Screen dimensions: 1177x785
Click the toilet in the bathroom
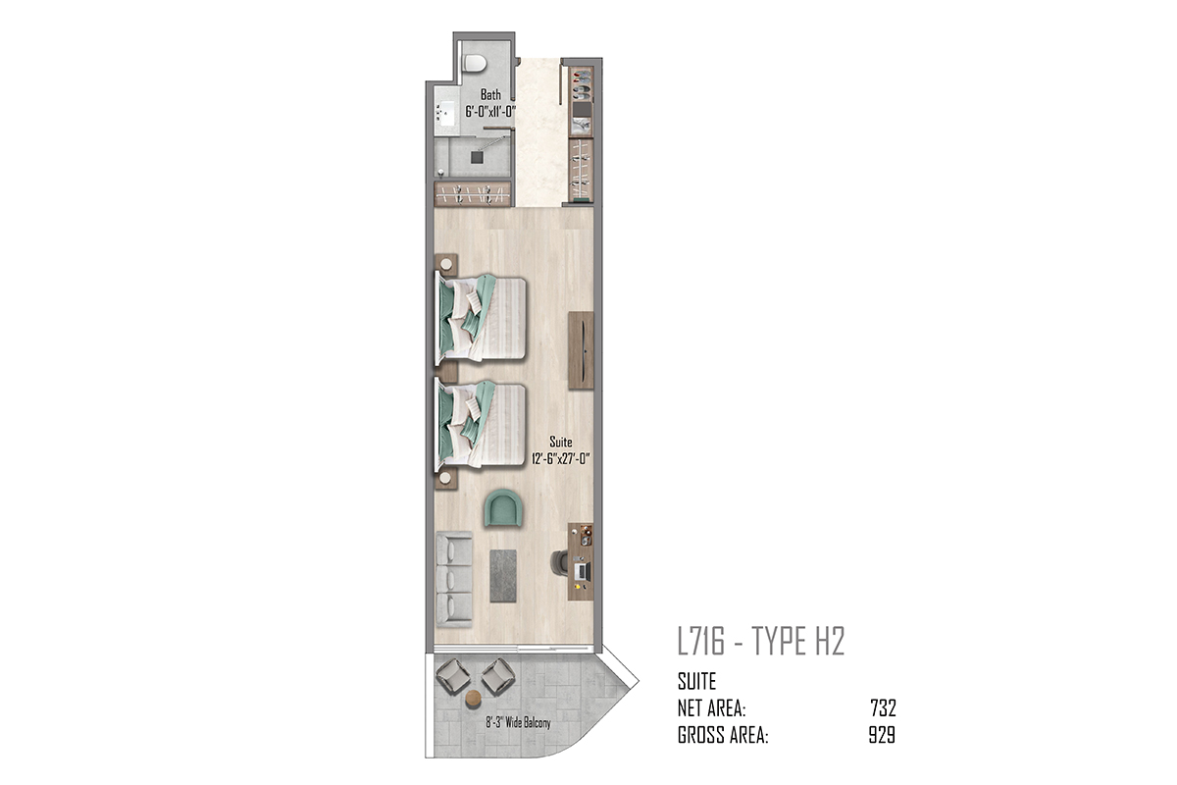click(475, 63)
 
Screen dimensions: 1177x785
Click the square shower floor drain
click(477, 157)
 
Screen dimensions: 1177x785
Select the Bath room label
click(490, 95)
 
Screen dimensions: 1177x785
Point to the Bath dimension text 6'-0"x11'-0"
click(490, 112)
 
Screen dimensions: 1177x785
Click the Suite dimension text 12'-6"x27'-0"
click(561, 458)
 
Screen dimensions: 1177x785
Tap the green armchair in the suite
click(503, 508)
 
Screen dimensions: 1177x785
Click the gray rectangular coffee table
click(503, 576)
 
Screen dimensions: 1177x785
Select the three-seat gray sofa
click(454, 579)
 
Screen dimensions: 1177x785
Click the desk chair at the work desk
click(560, 562)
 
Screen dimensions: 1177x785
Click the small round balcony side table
click(474, 698)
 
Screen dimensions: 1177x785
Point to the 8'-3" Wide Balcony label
click(518, 723)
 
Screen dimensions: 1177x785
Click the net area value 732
click(883, 708)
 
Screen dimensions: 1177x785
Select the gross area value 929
click(882, 735)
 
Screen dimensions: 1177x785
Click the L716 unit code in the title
click(701, 642)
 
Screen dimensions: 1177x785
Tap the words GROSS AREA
click(723, 735)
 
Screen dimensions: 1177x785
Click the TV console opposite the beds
click(581, 350)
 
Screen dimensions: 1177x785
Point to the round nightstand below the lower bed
click(446, 479)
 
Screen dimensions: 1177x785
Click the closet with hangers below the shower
click(473, 193)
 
